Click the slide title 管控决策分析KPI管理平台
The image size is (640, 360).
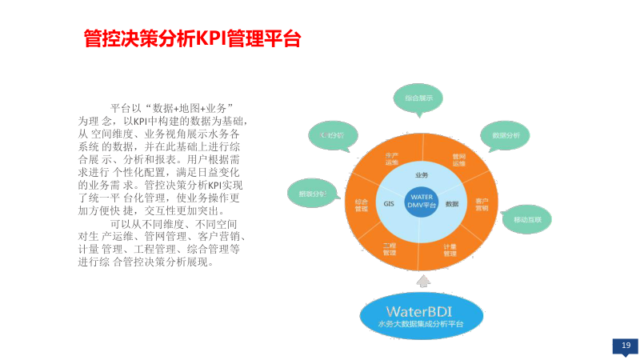pyautogui.click(x=192, y=38)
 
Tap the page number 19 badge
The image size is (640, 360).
pyautogui.click(x=626, y=345)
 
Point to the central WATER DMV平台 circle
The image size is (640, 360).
pyautogui.click(x=422, y=200)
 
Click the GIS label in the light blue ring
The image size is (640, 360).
pyautogui.click(x=389, y=204)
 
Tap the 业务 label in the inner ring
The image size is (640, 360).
pyautogui.click(x=422, y=174)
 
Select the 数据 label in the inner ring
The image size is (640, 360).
pyautogui.click(x=452, y=204)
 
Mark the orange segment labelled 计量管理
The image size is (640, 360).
pyautogui.click(x=450, y=250)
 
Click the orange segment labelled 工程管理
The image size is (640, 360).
pyautogui.click(x=390, y=249)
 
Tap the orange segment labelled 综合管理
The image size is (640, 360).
pyautogui.click(x=362, y=204)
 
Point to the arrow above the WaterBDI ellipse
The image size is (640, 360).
pyautogui.click(x=422, y=281)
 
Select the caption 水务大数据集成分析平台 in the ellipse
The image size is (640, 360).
pyautogui.click(x=421, y=325)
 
